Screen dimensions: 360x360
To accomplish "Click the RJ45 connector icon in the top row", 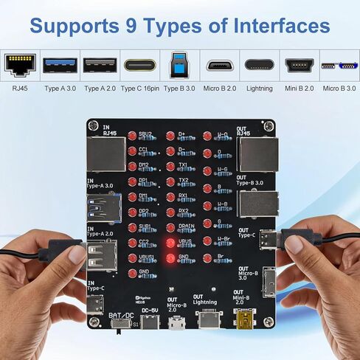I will [21, 65].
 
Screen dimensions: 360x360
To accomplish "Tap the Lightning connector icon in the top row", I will [260, 65].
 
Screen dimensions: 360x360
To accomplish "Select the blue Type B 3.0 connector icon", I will [180, 65].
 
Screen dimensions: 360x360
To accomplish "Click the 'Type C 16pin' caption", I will [140, 89].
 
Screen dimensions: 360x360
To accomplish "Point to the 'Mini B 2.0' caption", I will [299, 89].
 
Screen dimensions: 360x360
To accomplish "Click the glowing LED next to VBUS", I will [170, 243].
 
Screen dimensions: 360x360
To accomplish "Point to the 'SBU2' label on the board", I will [146, 134].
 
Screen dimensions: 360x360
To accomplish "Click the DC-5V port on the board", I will [150, 322].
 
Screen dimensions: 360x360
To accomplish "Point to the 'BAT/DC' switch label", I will [121, 316].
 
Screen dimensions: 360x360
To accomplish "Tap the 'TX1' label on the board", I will [184, 165].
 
